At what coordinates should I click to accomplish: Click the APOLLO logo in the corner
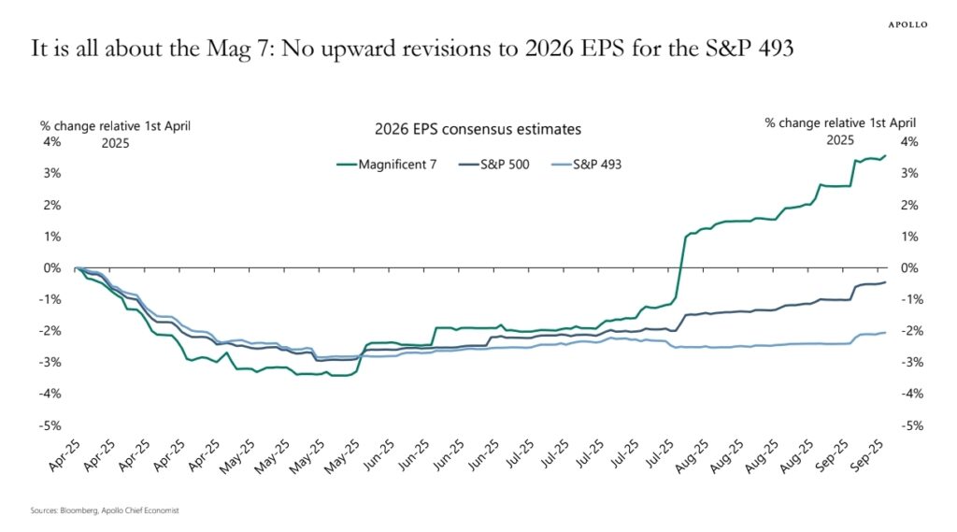tap(907, 24)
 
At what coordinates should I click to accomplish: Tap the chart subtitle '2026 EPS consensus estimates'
tap(478, 129)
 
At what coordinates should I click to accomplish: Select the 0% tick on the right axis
tap(907, 267)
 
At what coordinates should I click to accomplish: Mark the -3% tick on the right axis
tap(907, 362)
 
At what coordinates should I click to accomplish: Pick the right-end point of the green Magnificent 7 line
tap(886, 156)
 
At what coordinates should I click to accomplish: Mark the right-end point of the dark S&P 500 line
tap(886, 282)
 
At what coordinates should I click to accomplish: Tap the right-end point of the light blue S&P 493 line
tap(886, 333)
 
